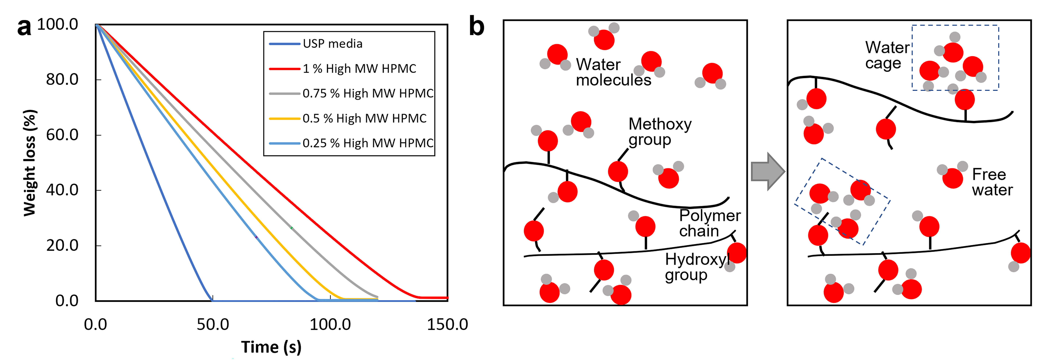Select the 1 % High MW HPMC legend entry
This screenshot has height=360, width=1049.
coord(343,68)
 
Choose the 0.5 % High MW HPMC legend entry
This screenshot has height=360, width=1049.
coord(348,118)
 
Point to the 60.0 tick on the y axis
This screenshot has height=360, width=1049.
coord(62,135)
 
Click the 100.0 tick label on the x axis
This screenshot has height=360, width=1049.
coord(330,325)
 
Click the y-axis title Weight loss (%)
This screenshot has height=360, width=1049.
coord(30,163)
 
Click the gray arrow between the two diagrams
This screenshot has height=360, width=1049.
coord(768,171)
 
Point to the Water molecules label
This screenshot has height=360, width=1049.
coord(613,72)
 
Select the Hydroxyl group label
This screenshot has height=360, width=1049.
coord(697,267)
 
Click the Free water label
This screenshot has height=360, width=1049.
coord(992,182)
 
